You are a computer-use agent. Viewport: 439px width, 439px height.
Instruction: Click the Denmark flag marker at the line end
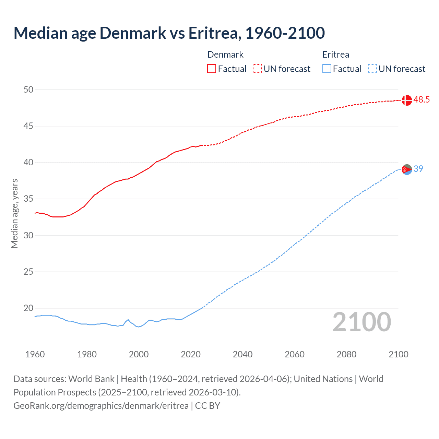coord(407,100)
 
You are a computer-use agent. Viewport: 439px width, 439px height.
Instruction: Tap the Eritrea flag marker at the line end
coord(407,169)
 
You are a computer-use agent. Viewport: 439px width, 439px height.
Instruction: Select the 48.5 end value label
coord(422,100)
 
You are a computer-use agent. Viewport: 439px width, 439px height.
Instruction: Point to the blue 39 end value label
coord(418,169)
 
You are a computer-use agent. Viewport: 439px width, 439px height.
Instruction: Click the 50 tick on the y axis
coord(29,90)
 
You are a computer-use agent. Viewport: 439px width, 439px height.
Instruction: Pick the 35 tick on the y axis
coord(29,199)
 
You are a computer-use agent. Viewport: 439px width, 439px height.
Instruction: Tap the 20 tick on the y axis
coord(29,308)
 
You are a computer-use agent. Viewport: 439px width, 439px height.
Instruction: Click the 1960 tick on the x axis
coord(35,354)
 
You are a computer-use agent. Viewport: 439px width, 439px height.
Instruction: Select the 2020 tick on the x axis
coord(191,354)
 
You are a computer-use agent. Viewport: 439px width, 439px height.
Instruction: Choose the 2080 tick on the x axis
coord(346,354)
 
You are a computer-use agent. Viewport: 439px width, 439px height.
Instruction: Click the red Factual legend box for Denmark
coord(212,69)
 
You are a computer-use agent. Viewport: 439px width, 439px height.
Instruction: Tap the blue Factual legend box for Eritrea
coord(327,69)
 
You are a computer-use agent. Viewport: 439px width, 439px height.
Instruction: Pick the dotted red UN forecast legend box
coord(257,69)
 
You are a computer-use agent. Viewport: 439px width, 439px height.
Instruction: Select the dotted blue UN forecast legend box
coord(372,69)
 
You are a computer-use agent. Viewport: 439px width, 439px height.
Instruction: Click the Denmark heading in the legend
coord(225,55)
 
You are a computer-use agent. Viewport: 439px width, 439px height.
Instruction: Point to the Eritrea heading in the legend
coord(336,55)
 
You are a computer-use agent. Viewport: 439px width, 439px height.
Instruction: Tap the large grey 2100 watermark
coord(362,322)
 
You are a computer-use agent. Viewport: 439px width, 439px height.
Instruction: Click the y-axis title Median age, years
coord(14,213)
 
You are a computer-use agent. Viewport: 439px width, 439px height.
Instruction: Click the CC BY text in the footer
coord(207,406)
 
